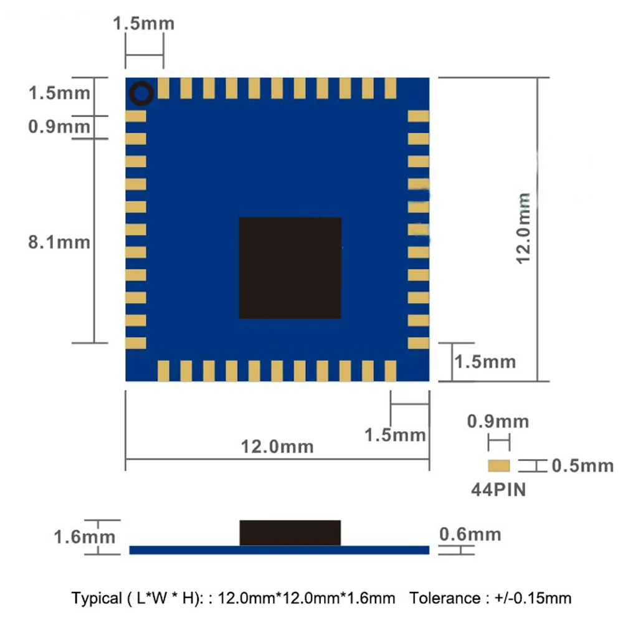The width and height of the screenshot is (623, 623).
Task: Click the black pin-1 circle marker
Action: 141,94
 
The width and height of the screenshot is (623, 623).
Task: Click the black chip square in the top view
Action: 290,268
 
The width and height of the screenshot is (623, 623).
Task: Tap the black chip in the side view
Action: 290,532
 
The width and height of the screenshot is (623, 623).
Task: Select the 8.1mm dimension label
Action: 60,242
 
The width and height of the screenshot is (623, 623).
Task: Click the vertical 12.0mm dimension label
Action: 523,228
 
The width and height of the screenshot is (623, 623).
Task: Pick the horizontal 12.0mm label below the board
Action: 277,447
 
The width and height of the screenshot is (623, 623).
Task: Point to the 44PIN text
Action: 497,490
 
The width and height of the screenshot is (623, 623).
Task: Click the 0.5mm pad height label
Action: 583,466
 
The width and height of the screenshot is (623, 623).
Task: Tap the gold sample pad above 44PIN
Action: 498,465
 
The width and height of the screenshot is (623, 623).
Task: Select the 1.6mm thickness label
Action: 84,536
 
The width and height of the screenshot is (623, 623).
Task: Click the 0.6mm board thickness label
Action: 470,534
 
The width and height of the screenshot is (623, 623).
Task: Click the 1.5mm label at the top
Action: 143,24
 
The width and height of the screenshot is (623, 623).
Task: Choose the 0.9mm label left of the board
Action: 60,127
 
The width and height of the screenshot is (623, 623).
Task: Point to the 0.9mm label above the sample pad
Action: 498,422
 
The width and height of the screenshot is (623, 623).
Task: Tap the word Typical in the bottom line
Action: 97,599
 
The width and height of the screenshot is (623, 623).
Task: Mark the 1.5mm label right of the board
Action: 485,361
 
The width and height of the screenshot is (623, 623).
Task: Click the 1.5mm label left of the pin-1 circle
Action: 60,93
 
